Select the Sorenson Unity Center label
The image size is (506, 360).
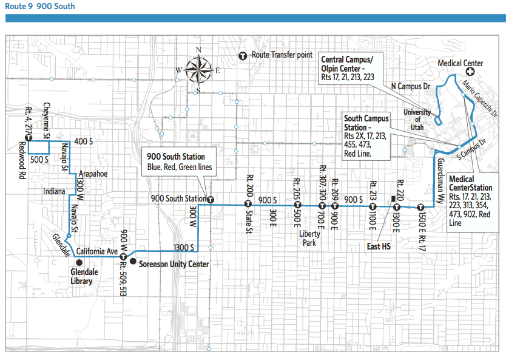pos(174,264)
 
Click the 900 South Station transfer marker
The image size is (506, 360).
pos(210,199)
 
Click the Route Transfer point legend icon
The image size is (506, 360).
pos(244,55)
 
